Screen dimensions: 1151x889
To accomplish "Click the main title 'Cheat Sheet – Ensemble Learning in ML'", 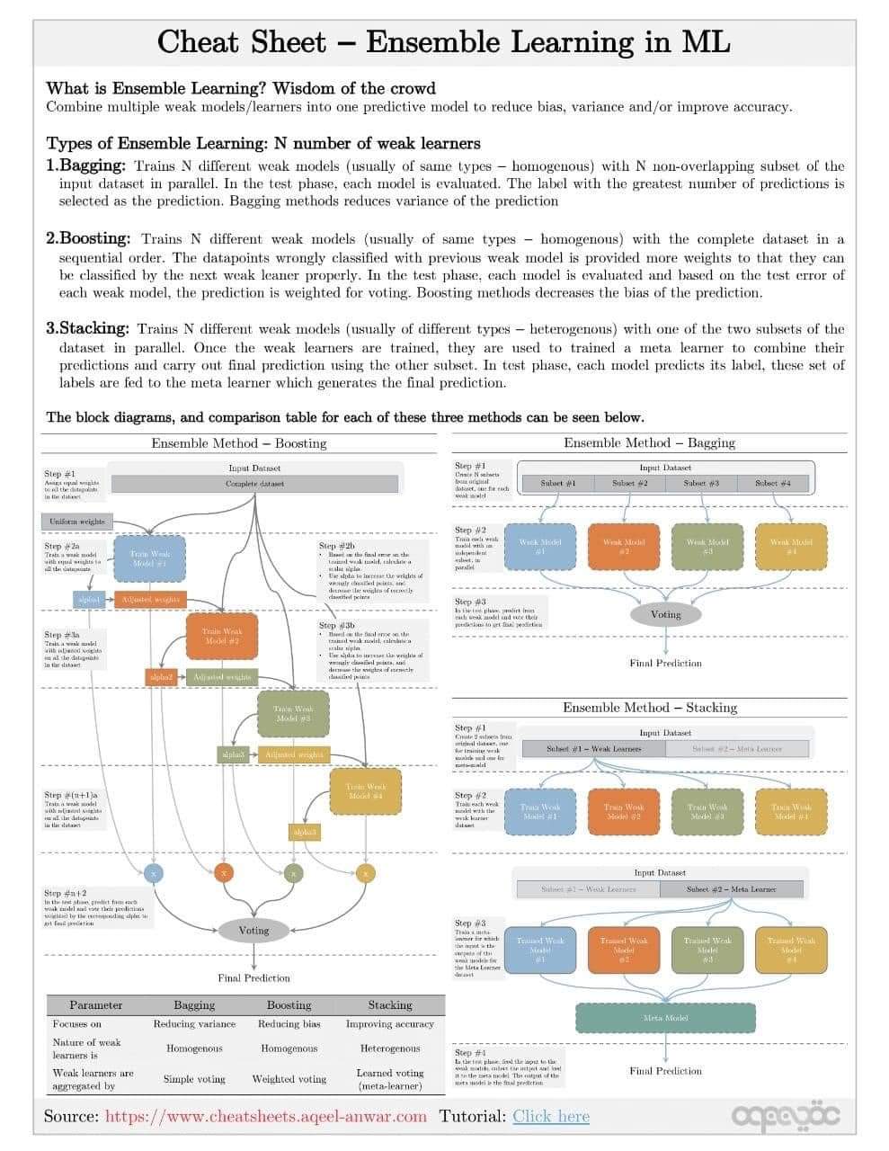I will tap(444, 42).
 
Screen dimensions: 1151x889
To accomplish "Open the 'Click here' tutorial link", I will tap(551, 1117).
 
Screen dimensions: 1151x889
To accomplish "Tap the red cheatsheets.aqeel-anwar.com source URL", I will tap(265, 1117).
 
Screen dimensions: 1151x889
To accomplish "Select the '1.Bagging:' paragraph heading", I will tap(85, 165).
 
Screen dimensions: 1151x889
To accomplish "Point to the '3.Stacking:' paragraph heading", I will tap(87, 328).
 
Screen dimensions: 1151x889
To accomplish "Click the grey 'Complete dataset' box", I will tap(253, 484).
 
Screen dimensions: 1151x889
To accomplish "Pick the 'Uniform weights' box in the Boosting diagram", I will tap(77, 522).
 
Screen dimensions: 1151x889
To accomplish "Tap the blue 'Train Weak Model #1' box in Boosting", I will tap(149, 559).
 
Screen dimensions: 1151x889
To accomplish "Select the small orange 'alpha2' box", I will tap(161, 676).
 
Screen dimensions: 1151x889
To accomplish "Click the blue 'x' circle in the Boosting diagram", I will tap(154, 873).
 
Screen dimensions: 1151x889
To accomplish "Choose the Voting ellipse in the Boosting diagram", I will tap(253, 930).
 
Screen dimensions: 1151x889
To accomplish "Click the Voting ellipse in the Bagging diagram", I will tap(665, 614).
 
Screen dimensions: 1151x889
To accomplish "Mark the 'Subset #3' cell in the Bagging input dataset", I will tap(701, 483).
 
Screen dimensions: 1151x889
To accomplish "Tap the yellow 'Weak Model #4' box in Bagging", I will tap(791, 547).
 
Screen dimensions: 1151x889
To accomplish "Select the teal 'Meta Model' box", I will tap(665, 1017).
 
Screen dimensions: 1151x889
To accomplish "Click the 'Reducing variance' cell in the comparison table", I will tap(194, 1023).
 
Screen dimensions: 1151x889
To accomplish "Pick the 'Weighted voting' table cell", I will tap(289, 1078).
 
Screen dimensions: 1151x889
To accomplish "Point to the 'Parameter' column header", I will tap(95, 1004).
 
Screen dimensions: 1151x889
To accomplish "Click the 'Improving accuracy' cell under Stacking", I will tap(389, 1023).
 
